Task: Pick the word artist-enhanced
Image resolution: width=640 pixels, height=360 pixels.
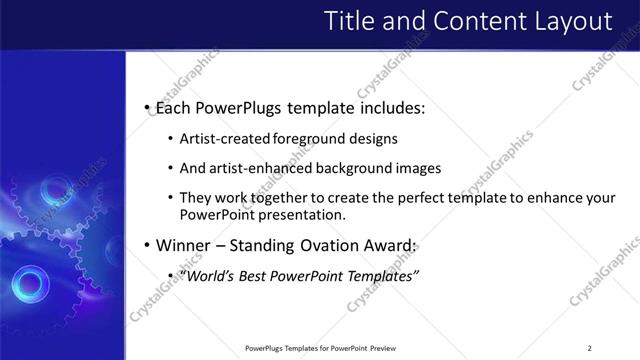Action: [x=255, y=169]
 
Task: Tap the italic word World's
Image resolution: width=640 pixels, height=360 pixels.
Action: [x=206, y=275]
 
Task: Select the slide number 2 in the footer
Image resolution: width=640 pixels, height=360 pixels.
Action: [x=589, y=348]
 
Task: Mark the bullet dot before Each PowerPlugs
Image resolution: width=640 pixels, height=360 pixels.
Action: [x=147, y=107]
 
